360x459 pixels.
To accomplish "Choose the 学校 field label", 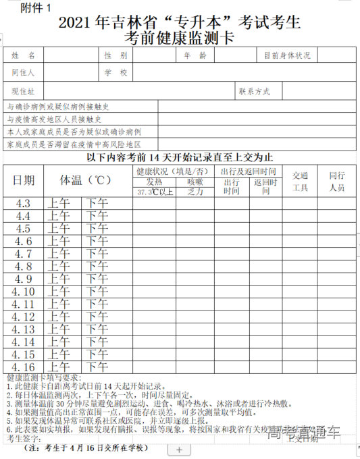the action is click(115, 72).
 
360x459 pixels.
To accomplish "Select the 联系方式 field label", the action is click(254, 90).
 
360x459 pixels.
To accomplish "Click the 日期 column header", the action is click(24, 180).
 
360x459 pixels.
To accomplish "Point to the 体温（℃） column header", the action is click(86, 180).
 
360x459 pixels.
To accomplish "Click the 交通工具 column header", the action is click(300, 182).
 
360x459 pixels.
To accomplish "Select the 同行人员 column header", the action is click(337, 182).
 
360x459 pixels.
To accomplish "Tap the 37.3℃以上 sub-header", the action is click(155, 192).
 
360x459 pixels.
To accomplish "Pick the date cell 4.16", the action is click(24, 367).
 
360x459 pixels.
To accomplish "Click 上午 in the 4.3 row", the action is click(59, 203).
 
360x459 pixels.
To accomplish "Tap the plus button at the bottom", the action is click(178, 450).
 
